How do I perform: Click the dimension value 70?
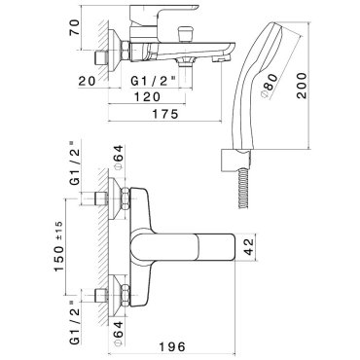click(74, 28)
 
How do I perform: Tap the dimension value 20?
click(88, 81)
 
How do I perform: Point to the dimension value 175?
click(164, 114)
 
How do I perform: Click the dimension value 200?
click(302, 86)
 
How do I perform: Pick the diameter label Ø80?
click(270, 86)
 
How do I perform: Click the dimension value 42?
click(249, 246)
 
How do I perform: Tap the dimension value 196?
click(172, 346)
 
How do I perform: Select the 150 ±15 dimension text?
click(58, 246)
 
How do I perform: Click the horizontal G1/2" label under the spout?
click(154, 81)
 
